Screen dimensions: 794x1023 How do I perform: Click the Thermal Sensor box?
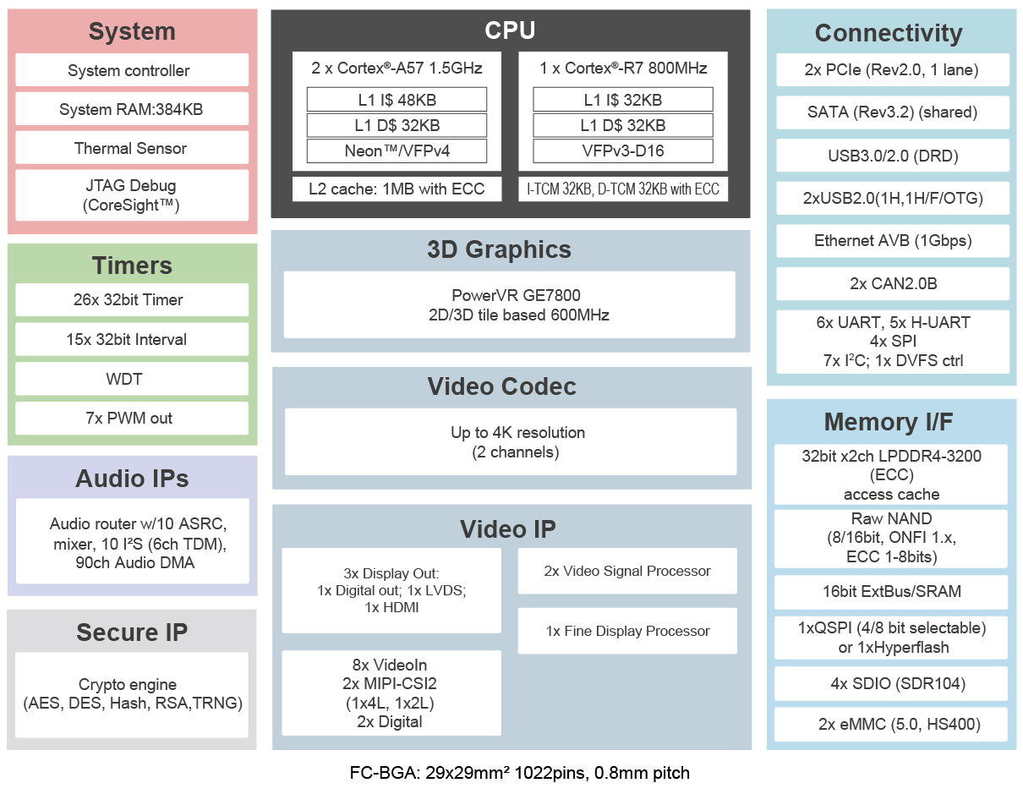(x=132, y=148)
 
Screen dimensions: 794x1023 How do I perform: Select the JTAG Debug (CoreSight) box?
(x=132, y=195)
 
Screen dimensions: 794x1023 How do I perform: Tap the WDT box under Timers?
(x=132, y=379)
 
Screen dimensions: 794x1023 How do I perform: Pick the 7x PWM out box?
(x=132, y=418)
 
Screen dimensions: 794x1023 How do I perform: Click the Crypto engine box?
(x=132, y=693)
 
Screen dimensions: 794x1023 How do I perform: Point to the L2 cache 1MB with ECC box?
(x=397, y=189)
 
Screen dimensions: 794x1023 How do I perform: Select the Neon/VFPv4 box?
(x=397, y=151)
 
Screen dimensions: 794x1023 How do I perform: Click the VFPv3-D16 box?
(x=623, y=151)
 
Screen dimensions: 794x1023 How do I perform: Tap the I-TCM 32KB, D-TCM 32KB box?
(x=623, y=189)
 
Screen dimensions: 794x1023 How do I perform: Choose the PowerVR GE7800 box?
(x=510, y=305)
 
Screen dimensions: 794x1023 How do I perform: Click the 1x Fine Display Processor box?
(x=627, y=631)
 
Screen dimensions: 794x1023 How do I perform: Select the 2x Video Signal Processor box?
(x=627, y=571)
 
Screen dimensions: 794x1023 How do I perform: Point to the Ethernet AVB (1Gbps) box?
(x=893, y=241)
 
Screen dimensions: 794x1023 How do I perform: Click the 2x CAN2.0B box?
(x=893, y=284)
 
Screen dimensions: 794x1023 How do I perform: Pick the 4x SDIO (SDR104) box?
(x=891, y=683)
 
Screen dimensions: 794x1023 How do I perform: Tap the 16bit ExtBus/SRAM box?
(x=891, y=591)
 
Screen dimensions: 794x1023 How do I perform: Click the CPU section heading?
(x=510, y=31)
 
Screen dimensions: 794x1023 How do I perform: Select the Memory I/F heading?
(x=891, y=422)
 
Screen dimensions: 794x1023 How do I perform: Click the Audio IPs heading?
(x=132, y=479)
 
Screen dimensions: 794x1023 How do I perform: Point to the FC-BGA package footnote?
(x=520, y=773)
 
